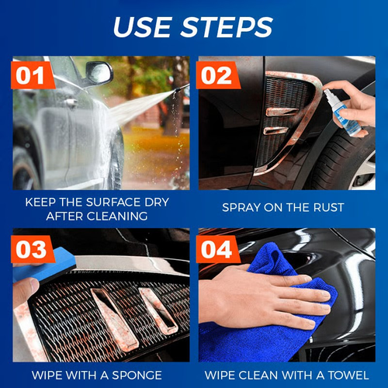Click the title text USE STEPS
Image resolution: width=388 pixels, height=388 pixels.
click(x=193, y=26)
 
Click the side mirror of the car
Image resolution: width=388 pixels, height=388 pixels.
click(x=99, y=73)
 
